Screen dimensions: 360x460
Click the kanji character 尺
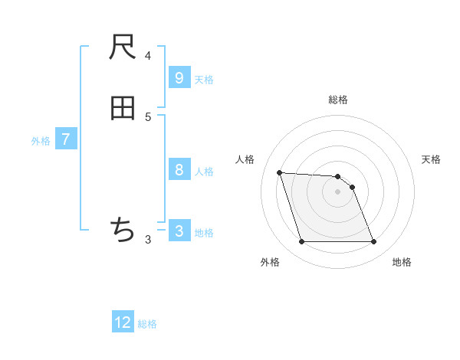pos(123,47)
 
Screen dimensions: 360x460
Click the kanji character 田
pos(123,108)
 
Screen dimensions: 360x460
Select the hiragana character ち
pos(123,229)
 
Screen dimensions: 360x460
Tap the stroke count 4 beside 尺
pos(148,55)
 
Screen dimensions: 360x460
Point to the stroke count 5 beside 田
pos(148,116)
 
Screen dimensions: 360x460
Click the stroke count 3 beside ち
pos(148,239)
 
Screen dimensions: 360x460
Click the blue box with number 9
pos(179,78)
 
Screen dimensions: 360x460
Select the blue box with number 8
pos(179,170)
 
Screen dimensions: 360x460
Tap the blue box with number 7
pos(66,139)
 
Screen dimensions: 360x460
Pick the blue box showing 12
pos(123,322)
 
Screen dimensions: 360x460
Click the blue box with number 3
pos(179,231)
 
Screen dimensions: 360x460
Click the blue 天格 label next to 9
pos(204,80)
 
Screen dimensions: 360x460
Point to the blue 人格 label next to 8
pos(204,172)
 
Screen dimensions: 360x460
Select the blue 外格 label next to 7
pos(41,141)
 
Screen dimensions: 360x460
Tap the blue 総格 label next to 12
pos(147,324)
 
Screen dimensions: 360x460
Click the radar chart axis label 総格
pos(338,100)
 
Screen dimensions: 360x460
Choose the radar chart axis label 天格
pos(431,159)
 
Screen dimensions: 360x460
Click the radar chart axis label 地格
pos(402,262)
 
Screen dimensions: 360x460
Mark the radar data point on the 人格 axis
pos(279,172)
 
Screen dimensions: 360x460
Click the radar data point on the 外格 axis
pos(301,242)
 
